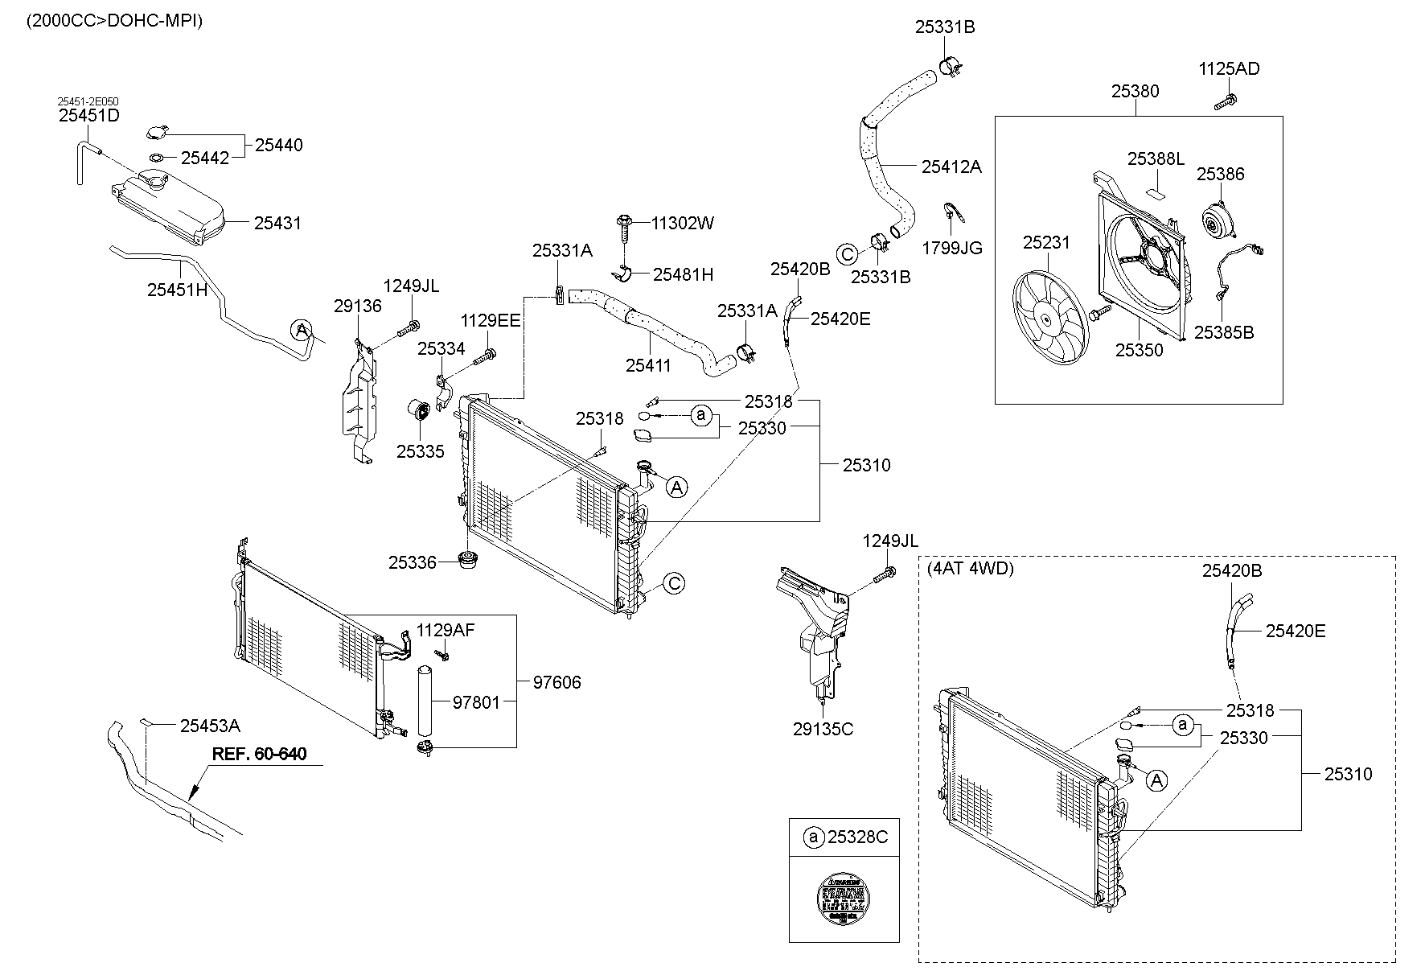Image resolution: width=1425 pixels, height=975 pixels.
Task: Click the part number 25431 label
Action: [277, 223]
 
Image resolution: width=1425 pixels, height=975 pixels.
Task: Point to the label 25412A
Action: [951, 167]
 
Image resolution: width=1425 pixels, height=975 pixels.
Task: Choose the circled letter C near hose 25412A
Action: [847, 254]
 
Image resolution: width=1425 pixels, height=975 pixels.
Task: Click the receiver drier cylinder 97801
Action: [424, 700]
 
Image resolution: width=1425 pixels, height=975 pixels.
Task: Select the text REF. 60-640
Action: [259, 755]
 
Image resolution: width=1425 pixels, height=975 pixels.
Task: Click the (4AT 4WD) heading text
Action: [971, 569]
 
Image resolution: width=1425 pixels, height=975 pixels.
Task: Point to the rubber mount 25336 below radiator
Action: [467, 560]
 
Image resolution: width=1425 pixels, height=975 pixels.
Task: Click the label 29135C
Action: [823, 730]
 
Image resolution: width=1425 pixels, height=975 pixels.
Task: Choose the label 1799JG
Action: [952, 248]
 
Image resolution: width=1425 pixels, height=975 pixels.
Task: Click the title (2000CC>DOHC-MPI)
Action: [115, 21]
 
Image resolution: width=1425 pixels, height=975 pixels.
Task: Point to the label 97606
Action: [556, 682]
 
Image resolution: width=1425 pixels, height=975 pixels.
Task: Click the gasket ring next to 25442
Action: [158, 158]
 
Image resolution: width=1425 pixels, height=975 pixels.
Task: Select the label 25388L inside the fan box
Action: [1156, 158]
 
